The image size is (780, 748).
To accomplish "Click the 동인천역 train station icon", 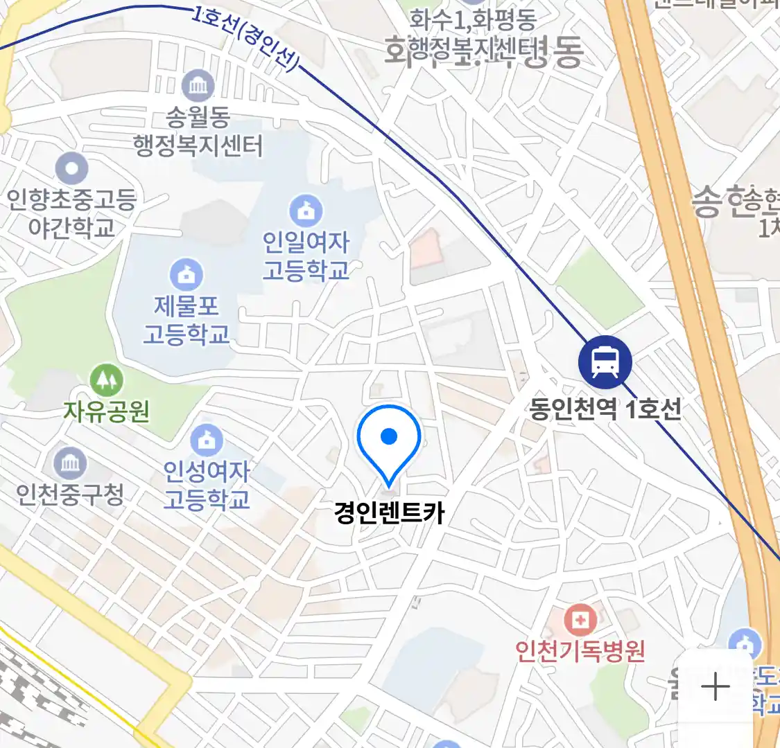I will tap(605, 362).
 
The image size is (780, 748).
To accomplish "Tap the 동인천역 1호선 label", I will tap(605, 409).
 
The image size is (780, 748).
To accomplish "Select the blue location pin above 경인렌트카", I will tap(389, 441).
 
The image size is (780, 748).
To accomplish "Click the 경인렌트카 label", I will tap(389, 513).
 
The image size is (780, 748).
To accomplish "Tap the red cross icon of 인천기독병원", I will tap(580, 620).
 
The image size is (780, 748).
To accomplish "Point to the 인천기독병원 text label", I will tap(580, 651).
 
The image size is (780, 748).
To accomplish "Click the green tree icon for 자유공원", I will tap(107, 380).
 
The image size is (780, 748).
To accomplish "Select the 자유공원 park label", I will tap(107, 411).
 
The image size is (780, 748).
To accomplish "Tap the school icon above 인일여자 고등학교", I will tap(306, 211).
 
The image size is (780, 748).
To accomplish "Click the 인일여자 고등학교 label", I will tap(306, 256).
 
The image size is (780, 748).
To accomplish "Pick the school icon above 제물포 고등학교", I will tap(187, 274).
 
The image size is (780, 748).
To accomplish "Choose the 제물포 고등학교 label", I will tap(186, 320).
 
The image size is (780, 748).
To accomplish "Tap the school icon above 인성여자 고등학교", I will tap(207, 440).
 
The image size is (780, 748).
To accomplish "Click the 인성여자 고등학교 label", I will tap(207, 485).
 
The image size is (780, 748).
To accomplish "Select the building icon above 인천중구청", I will tap(70, 463).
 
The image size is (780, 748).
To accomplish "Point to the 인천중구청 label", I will tap(70, 494).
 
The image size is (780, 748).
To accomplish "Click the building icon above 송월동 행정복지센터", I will tap(198, 86).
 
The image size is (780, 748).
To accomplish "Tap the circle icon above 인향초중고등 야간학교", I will tap(71, 168).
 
